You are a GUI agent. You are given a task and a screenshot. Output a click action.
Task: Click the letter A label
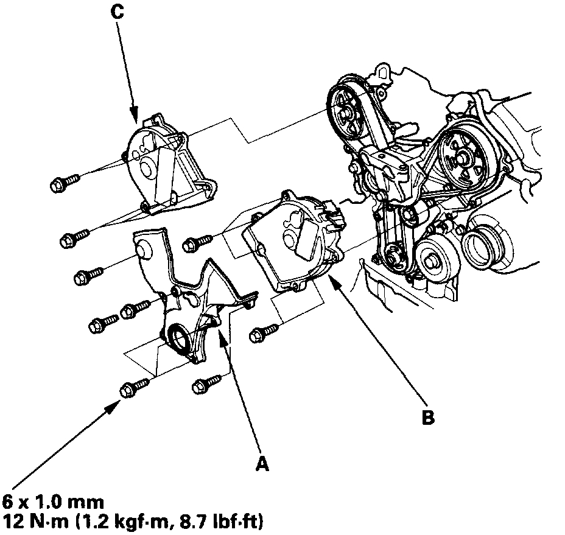[262, 464]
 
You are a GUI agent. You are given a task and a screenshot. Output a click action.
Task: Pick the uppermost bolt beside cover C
[65, 181]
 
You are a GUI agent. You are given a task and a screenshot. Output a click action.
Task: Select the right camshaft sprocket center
[462, 157]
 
